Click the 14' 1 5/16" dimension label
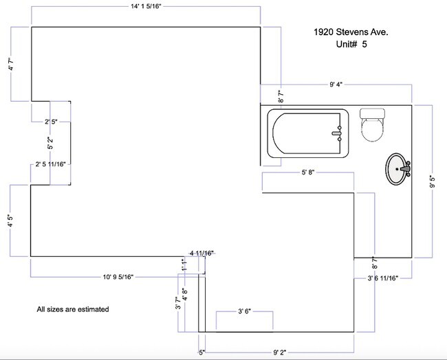146,7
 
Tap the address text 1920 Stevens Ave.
351,32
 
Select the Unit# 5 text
351,44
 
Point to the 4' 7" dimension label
11,64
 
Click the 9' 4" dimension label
336,85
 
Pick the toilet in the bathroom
372,125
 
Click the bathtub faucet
337,133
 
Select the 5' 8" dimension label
308,172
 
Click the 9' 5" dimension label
432,181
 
